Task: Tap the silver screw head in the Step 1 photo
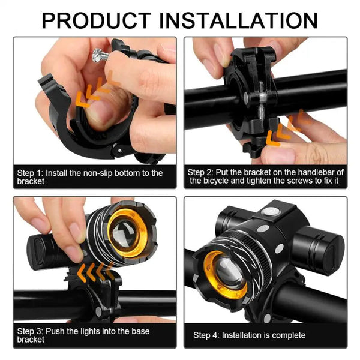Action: click(100, 55)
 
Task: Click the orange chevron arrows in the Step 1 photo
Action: click(96, 90)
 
